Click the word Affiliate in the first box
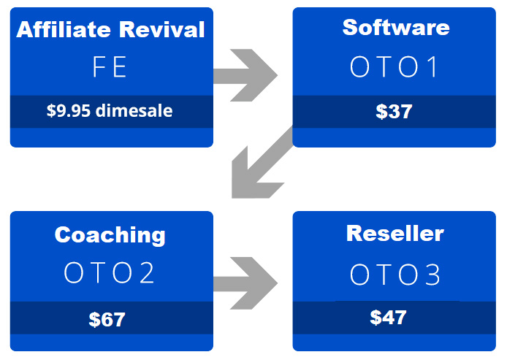tap(64, 29)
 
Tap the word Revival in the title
tap(161, 29)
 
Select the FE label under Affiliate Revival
tap(110, 66)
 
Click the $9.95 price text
tap(69, 110)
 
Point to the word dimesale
tap(134, 110)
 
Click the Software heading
tap(396, 27)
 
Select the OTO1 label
tap(394, 66)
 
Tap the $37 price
tap(394, 112)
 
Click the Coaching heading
tap(110, 235)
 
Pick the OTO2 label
tap(109, 273)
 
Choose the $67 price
tap(107, 319)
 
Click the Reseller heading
tap(395, 233)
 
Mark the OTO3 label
tap(395, 275)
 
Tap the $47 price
tap(388, 317)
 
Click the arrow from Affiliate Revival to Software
tap(245, 75)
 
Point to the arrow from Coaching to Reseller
tap(245, 283)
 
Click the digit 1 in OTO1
tap(432, 66)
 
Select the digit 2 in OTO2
tap(147, 273)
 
